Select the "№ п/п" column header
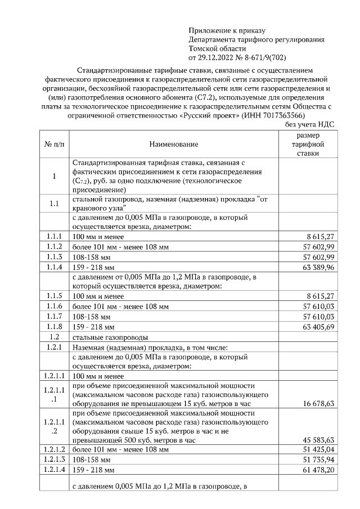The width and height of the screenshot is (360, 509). click(54, 145)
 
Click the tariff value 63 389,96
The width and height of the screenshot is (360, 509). click(318, 267)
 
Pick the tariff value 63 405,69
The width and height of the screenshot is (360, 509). click(318, 327)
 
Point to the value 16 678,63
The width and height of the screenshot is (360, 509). click(318, 403)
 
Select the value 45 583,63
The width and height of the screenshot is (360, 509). click(318, 440)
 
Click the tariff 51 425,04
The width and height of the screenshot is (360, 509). click(318, 450)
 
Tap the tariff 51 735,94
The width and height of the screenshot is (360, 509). click(318, 460)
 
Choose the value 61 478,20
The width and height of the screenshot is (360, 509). click(318, 470)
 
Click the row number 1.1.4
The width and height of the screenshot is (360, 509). click(54, 267)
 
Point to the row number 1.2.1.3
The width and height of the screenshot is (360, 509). click(54, 460)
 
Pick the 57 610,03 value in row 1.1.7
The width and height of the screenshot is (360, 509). click(318, 317)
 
